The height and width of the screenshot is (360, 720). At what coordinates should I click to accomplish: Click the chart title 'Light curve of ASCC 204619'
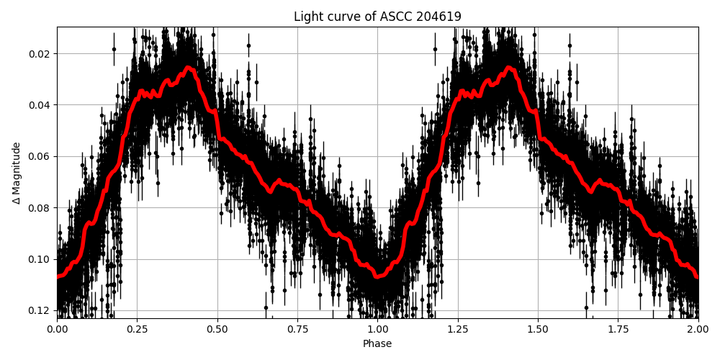click(x=377, y=17)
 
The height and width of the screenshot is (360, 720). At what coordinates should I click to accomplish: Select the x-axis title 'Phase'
click(x=377, y=343)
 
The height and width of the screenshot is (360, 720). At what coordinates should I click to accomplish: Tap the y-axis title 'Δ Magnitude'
click(x=16, y=173)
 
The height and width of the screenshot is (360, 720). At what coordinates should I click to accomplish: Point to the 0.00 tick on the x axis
click(x=58, y=329)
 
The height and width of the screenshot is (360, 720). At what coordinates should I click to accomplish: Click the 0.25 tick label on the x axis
click(x=138, y=329)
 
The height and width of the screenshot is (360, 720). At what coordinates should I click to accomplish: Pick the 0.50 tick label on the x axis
click(x=217, y=329)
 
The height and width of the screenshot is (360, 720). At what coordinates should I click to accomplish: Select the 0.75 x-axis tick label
click(x=297, y=329)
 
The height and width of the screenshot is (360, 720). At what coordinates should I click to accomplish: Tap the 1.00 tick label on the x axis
click(x=377, y=329)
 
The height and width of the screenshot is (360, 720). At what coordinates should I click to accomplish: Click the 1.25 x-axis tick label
click(x=458, y=329)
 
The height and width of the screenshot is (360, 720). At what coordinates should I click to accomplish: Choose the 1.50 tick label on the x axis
click(x=538, y=329)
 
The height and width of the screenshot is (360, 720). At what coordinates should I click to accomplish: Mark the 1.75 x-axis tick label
click(x=618, y=329)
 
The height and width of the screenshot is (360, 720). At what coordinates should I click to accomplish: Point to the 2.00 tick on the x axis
click(x=698, y=329)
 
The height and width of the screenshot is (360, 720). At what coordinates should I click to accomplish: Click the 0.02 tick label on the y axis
click(x=40, y=53)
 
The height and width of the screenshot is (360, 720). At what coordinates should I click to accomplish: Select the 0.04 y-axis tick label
click(x=40, y=105)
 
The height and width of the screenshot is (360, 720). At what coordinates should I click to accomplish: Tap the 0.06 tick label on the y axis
click(x=40, y=156)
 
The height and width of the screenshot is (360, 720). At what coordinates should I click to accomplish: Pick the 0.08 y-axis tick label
click(x=40, y=208)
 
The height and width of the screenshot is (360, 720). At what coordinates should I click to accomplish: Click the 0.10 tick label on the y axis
click(x=40, y=259)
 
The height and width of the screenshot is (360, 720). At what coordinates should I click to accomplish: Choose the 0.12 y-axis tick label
click(x=40, y=310)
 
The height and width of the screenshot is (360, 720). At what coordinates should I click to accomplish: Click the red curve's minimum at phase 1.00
click(x=377, y=276)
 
